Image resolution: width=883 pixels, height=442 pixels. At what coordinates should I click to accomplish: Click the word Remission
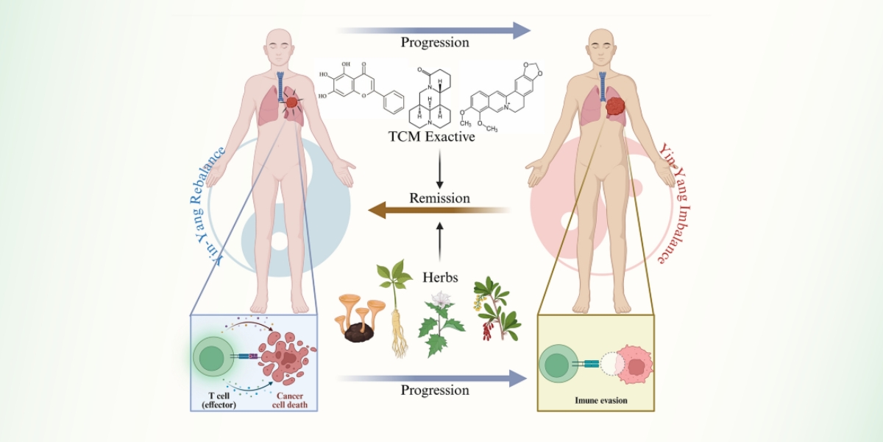click(x=439, y=198)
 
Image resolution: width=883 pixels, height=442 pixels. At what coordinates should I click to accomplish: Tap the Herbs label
click(x=441, y=278)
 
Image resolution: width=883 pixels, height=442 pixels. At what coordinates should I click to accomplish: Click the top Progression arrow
click(x=434, y=29)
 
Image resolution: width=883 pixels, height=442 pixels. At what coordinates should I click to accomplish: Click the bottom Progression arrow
click(x=434, y=378)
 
